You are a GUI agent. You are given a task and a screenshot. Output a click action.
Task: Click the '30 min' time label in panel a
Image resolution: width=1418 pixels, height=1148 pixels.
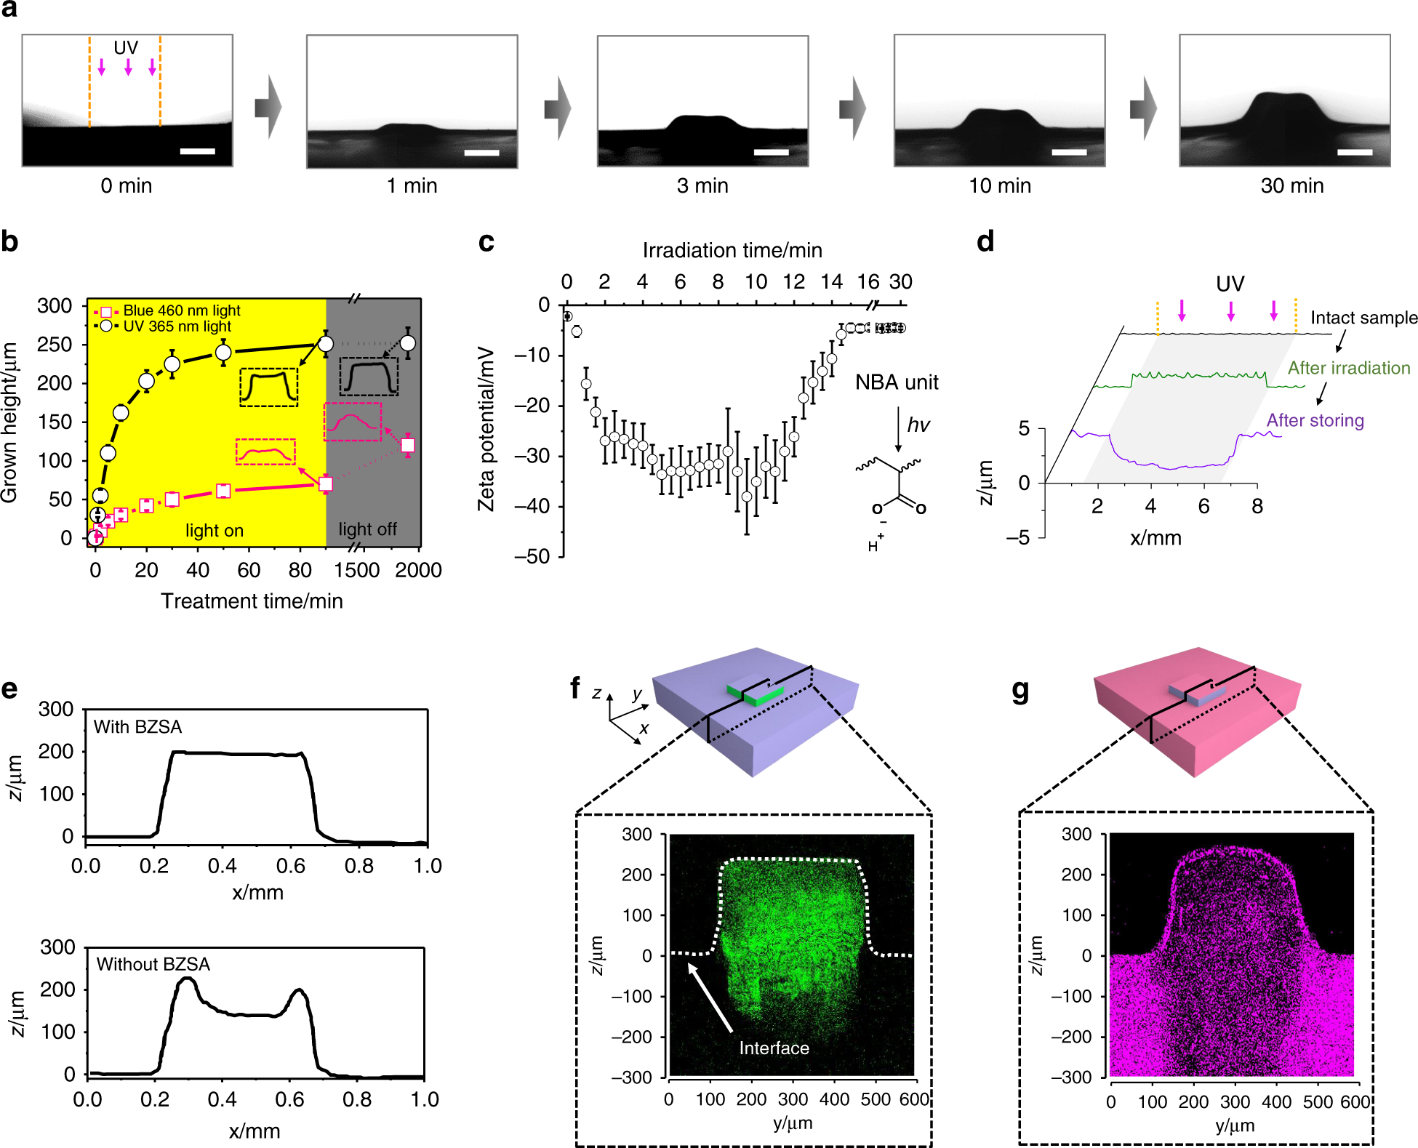[1291, 186]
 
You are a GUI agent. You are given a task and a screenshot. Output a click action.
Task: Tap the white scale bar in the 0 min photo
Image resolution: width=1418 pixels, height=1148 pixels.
[197, 151]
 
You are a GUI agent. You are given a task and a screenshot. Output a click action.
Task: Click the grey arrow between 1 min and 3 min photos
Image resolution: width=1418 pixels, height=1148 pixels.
[558, 108]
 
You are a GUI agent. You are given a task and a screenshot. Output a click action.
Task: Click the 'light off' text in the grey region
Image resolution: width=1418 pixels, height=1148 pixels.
[367, 529]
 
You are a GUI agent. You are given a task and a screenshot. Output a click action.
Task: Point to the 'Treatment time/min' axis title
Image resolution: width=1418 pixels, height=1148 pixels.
[252, 601]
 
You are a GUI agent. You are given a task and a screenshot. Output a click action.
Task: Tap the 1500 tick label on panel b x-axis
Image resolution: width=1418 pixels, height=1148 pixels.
[356, 570]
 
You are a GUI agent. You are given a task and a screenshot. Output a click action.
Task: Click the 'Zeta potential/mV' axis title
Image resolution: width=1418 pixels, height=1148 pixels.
[486, 429]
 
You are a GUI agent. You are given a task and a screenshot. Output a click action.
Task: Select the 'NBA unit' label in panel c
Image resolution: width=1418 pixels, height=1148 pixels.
[896, 382]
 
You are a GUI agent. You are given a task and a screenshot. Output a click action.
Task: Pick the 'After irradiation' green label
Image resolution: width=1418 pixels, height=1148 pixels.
[1348, 369]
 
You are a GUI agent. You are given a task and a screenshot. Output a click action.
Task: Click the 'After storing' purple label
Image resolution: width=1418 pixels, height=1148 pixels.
[1315, 421]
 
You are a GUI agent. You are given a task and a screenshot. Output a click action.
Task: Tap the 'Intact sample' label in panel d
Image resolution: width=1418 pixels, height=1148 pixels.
[1363, 318]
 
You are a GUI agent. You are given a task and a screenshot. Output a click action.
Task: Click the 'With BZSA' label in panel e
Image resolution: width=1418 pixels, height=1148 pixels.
[137, 727]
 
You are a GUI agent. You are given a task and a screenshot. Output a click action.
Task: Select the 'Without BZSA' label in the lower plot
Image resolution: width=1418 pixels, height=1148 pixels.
[153, 964]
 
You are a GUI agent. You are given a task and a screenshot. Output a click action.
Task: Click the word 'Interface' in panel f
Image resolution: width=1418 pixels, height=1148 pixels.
[774, 1048]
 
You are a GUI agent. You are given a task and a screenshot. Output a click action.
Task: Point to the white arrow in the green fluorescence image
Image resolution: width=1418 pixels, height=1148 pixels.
[710, 998]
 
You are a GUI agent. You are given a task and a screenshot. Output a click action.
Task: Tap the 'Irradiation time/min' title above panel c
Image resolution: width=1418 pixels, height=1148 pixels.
[732, 251]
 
